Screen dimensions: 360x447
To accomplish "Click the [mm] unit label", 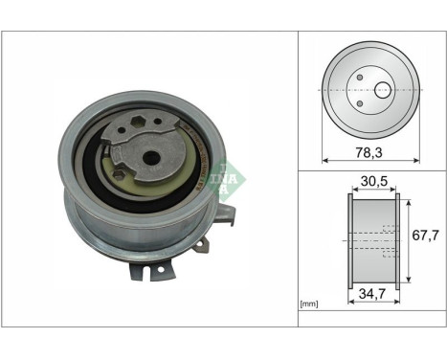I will pos(309,304).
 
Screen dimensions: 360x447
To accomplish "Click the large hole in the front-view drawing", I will pos(383,90).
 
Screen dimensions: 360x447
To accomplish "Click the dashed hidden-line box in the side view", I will pos(389,241).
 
